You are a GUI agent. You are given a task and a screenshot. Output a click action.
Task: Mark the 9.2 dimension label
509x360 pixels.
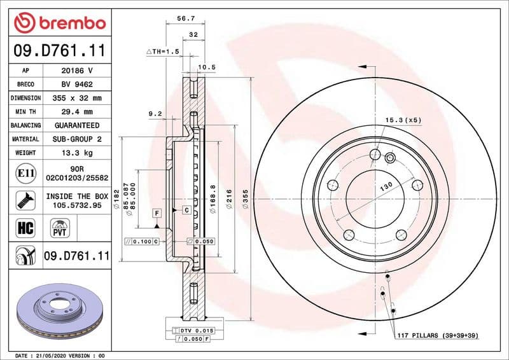pyautogui.click(x=155, y=114)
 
